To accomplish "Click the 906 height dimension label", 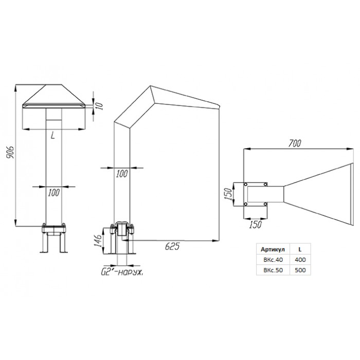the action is (10, 152).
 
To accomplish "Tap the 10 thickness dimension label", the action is (99, 106).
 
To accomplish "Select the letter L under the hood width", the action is (53, 136).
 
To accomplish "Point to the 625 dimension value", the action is (172, 246).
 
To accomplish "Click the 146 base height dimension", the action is (98, 241).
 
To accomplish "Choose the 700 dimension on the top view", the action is (295, 143).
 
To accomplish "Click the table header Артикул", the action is (273, 249).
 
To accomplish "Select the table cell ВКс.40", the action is (273, 260).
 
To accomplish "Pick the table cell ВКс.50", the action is (273, 270).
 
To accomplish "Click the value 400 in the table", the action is (300, 260).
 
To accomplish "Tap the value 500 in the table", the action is (300, 270).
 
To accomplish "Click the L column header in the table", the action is (300, 249).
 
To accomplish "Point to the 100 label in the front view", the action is (53, 193).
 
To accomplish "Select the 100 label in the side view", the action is (122, 174).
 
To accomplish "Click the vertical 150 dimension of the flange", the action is (228, 194).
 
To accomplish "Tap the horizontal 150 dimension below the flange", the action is (255, 224).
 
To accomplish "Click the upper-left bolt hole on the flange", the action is (245, 184).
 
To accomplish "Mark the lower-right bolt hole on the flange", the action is (265, 204).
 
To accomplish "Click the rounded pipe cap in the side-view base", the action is (122, 228).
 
